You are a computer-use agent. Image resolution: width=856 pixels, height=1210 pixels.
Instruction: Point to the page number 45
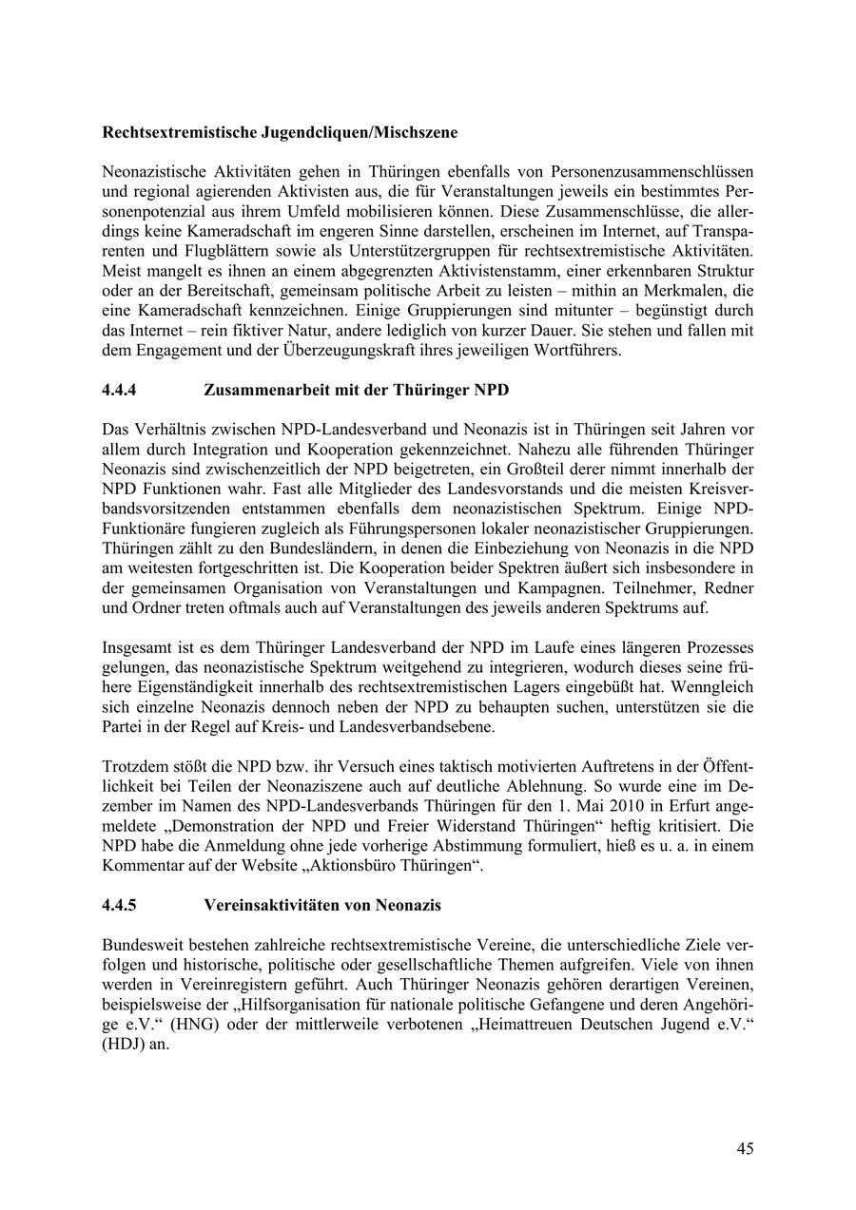[x=745, y=1148]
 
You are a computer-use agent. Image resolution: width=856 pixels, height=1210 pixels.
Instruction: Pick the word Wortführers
[x=579, y=351]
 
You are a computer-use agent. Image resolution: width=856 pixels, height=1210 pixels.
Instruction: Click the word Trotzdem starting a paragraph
[x=135, y=766]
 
